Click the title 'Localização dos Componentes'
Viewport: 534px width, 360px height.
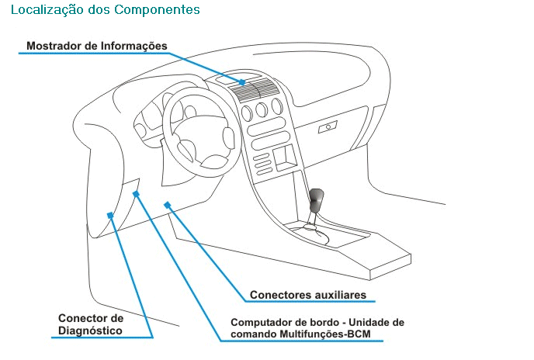tap(106, 10)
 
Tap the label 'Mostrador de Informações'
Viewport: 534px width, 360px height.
tap(97, 46)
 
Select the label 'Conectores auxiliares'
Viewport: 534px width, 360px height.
tap(308, 295)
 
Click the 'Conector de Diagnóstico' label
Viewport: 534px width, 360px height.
tap(91, 324)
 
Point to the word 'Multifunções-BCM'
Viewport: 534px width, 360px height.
tap(325, 334)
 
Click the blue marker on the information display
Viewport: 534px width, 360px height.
tap(242, 82)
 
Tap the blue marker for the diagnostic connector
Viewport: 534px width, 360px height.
tap(110, 215)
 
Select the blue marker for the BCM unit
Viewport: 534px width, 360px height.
tap(136, 194)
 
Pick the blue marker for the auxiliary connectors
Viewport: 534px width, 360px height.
tap(167, 205)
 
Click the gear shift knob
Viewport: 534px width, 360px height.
tap(317, 199)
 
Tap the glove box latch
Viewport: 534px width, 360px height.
tap(328, 127)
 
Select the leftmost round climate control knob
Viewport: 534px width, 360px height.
tap(247, 113)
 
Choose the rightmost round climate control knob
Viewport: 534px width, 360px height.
tap(277, 106)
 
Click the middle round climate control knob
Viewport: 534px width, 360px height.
tap(262, 109)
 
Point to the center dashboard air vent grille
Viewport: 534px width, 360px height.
tap(253, 90)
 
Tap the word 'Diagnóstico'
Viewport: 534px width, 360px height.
tap(90, 331)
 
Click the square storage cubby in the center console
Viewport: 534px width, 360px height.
tap(285, 158)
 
